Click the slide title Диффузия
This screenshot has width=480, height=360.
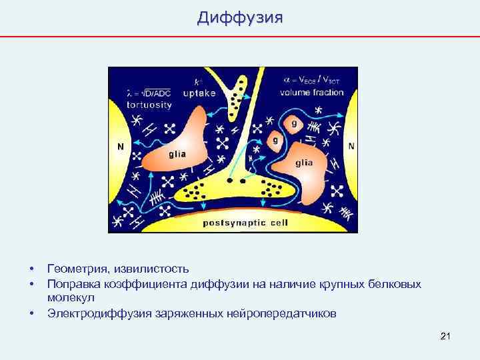pos(239,18)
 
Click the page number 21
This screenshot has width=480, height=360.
pos(446,335)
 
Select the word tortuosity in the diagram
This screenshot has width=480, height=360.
pos(149,105)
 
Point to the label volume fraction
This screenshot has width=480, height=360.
pos(313,93)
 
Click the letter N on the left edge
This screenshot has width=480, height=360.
pos(121,147)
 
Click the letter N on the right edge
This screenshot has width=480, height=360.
pos(351,145)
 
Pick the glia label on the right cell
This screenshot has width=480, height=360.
pos(303,163)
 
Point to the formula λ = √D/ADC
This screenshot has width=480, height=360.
pos(149,93)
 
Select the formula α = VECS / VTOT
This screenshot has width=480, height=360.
pos(313,79)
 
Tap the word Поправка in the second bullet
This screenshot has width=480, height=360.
pos(74,284)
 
